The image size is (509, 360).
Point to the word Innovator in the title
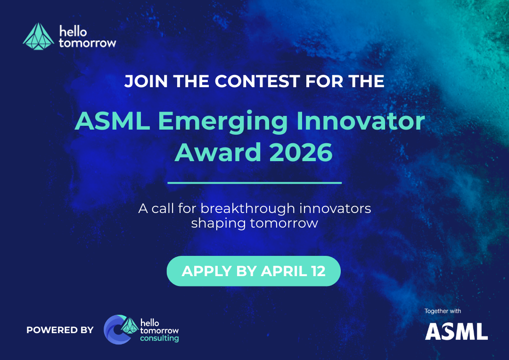pos(361,121)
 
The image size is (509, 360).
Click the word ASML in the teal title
pos(112,121)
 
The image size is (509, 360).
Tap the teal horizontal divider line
pos(254,183)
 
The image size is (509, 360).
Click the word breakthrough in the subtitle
pos(248,208)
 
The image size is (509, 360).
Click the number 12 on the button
pos(318,271)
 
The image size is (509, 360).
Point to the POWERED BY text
pos(60,330)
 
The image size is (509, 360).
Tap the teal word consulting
pos(159,339)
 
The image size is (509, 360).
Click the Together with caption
pos(443,311)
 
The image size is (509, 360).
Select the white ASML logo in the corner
pos(456,331)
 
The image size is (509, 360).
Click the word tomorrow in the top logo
pos(87,43)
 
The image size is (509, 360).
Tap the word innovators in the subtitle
pos(336,208)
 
